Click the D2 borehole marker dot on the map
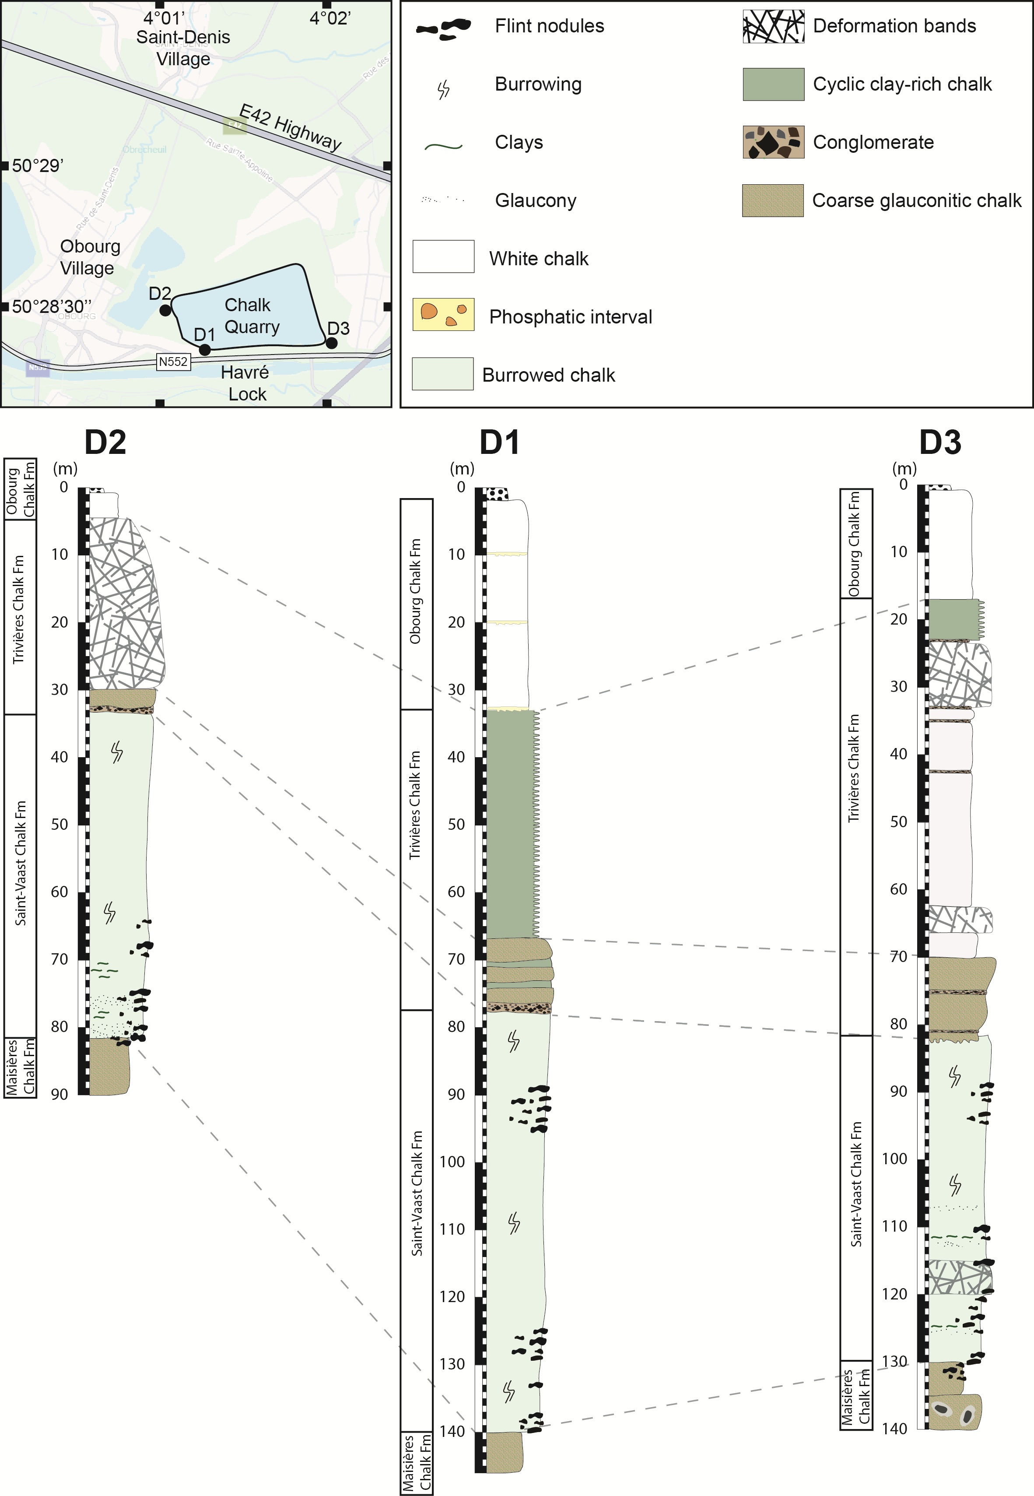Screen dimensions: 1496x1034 click(165, 310)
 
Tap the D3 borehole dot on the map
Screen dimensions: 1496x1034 click(331, 343)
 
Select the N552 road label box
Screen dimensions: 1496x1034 click(173, 362)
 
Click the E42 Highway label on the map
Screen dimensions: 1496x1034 click(290, 127)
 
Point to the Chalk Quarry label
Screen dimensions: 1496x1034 click(251, 316)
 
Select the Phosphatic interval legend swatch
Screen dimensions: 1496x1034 click(443, 315)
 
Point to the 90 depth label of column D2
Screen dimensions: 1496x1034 click(60, 1094)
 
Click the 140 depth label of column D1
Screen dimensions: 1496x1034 click(452, 1431)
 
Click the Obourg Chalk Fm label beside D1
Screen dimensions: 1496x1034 click(415, 592)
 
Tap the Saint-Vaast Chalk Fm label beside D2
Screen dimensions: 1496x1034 click(20, 864)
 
